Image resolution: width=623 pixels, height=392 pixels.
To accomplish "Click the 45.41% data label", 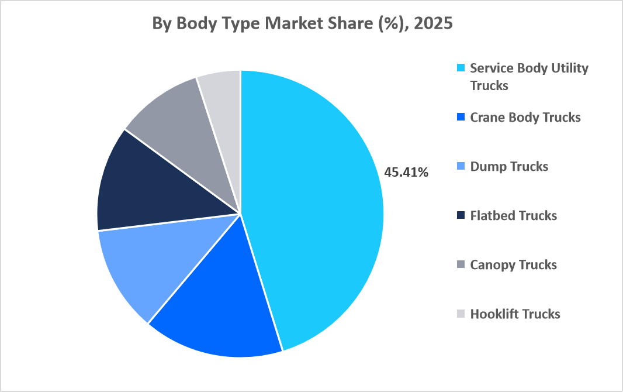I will [407, 173].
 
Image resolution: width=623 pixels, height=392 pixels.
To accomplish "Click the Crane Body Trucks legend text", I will [525, 117].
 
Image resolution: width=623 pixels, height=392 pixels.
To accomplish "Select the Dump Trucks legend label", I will [509, 166].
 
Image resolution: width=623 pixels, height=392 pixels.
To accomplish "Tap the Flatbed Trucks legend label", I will [514, 215].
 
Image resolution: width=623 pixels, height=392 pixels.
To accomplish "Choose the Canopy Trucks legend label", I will [514, 264].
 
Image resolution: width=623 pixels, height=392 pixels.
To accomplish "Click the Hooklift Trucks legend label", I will [515, 314].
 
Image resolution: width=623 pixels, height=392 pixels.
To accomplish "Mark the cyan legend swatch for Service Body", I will [461, 68].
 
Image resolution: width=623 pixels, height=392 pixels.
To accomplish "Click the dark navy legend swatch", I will [461, 215].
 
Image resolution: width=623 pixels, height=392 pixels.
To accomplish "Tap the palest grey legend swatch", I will [461, 314].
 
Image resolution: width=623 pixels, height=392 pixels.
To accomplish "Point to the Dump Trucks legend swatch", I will [461, 166].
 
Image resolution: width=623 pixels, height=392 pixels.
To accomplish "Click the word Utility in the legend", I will [569, 68].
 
